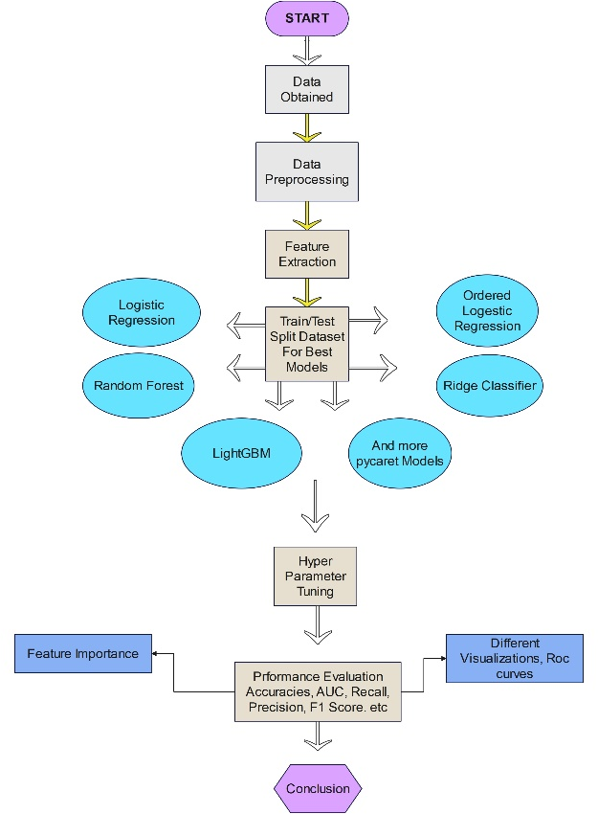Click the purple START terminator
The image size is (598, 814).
(x=306, y=19)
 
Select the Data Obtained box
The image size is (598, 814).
(x=306, y=89)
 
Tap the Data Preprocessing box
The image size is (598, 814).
(x=306, y=171)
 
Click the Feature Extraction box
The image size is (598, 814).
(x=306, y=254)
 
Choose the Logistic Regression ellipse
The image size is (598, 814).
(x=142, y=312)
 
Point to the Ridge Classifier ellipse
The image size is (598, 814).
(x=490, y=386)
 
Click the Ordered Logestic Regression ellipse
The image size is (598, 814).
(x=487, y=311)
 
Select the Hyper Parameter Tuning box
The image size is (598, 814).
(x=315, y=577)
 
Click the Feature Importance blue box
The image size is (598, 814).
(x=82, y=653)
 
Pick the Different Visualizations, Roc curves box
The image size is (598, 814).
(x=515, y=658)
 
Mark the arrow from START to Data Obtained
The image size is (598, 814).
(x=306, y=50)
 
